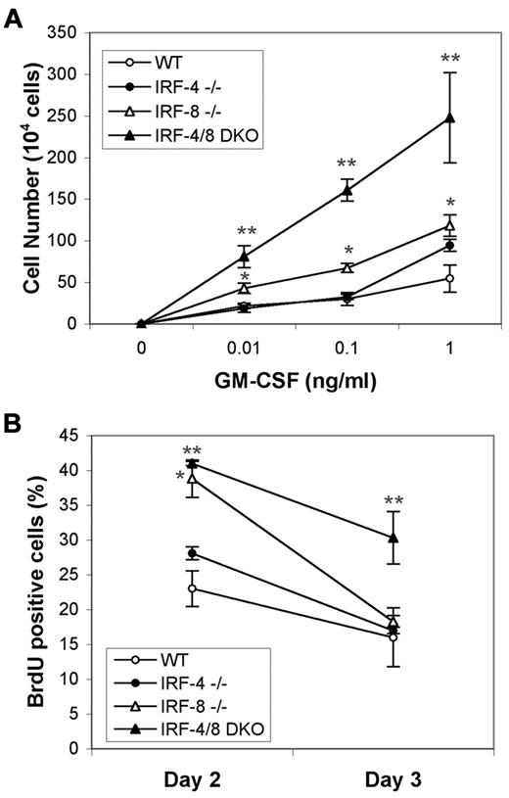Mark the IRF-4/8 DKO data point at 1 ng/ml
point(450,117)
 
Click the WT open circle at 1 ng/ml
point(450,278)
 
